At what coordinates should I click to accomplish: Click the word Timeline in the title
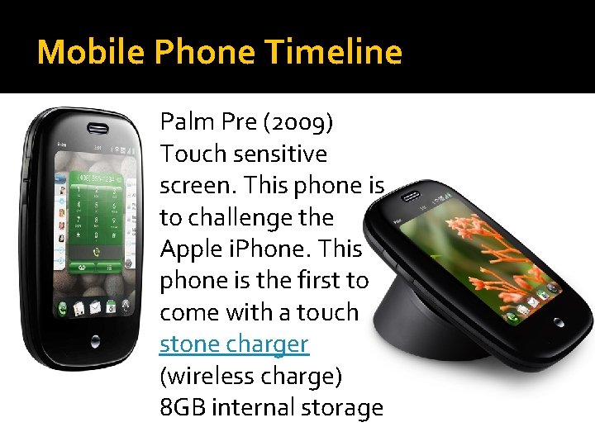pos(334,52)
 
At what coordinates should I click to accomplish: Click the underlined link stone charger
pos(234,344)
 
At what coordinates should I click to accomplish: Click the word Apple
pos(188,249)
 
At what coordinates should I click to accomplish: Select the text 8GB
pos(181,407)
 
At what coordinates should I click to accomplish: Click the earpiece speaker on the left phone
pos(99,129)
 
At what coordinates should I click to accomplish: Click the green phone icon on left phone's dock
pos(62,310)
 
